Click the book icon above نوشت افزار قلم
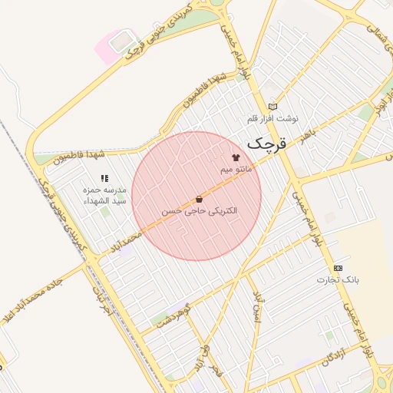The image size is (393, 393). point(272,107)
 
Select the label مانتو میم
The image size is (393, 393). point(236,167)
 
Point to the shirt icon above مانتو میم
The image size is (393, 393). point(236,156)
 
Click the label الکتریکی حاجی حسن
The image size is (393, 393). point(200,210)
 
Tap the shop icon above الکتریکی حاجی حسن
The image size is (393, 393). point(200,199)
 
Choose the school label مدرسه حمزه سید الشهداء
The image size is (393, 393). point(105,195)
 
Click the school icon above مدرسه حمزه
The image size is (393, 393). point(104,178)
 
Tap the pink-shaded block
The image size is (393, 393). point(112,44)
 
